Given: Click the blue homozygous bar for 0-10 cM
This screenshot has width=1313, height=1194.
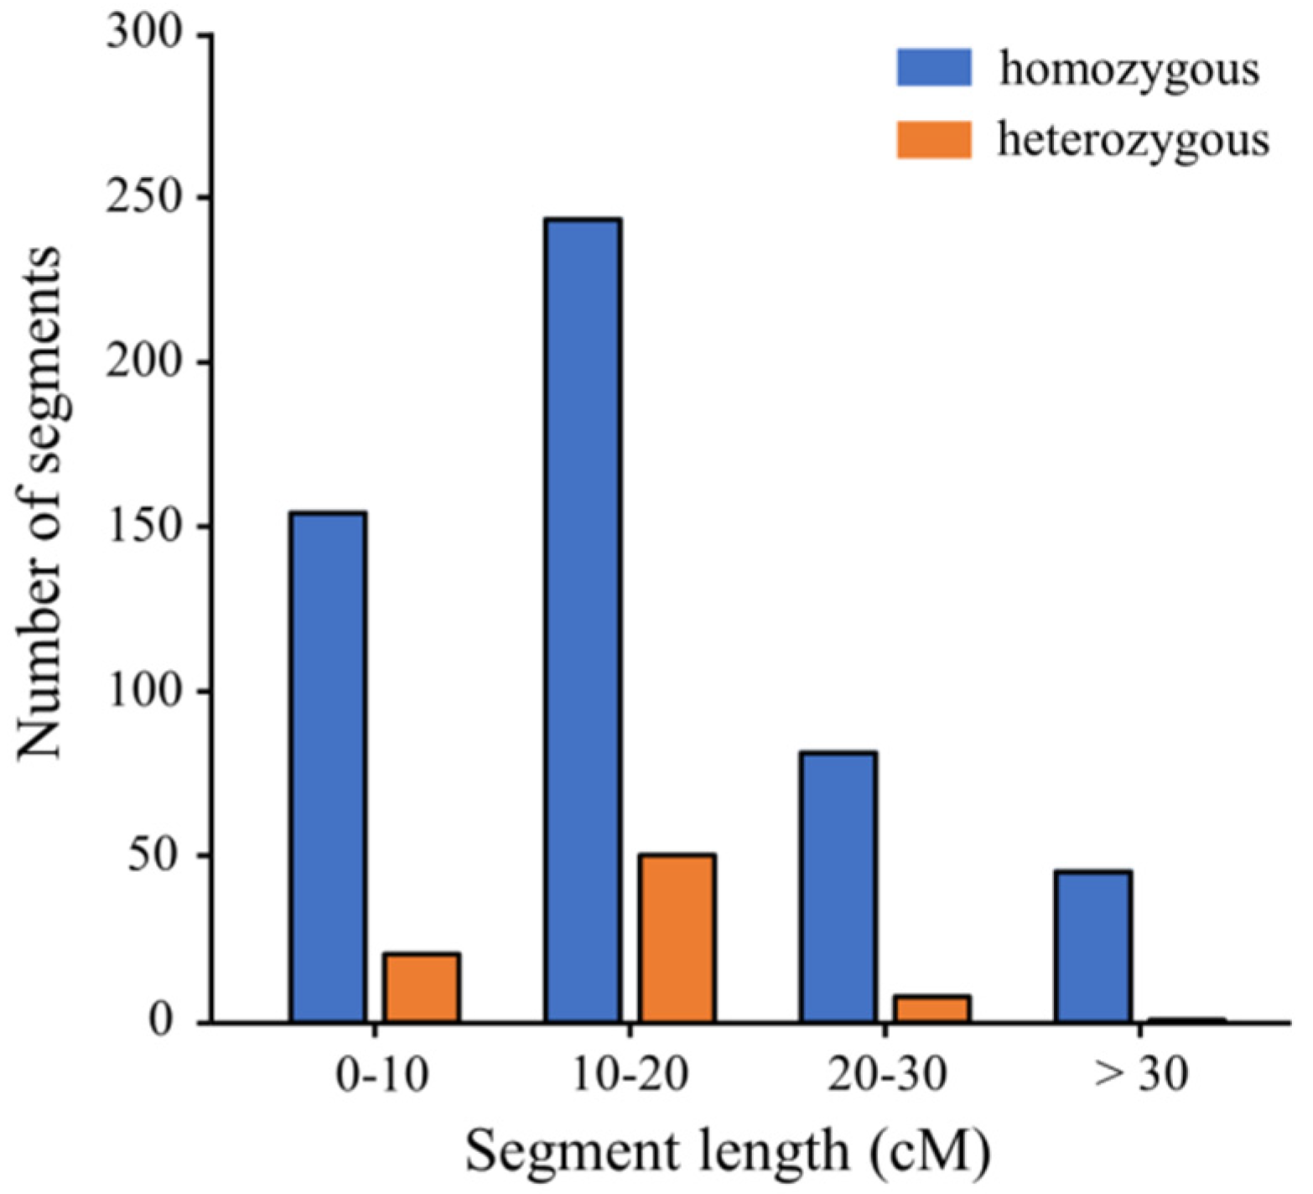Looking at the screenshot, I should point(328,766).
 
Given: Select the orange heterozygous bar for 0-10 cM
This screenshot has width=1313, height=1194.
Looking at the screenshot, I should point(421,988).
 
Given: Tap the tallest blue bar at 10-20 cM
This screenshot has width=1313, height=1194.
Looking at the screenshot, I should point(583,620).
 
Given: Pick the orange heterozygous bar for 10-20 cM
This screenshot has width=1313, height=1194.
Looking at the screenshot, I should point(677,938).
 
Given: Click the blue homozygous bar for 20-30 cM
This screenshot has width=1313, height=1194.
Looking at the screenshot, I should point(838,886).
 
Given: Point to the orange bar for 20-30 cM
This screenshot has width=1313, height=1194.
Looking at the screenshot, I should point(932,1009).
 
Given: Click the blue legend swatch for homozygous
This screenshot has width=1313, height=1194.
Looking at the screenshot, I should point(934,68).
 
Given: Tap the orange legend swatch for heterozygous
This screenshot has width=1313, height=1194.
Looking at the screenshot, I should point(934,140).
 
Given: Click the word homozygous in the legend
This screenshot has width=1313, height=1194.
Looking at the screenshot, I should point(1129,70).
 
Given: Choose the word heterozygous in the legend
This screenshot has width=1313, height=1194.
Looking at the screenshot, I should point(1133,141).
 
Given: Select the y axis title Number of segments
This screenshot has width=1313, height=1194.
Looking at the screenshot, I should point(39,503).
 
